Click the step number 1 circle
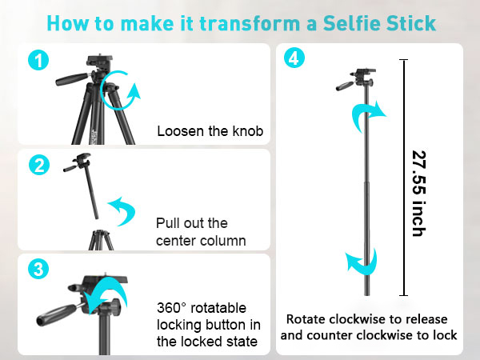click(38, 60)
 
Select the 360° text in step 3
click(173, 308)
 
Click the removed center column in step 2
click(92, 191)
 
